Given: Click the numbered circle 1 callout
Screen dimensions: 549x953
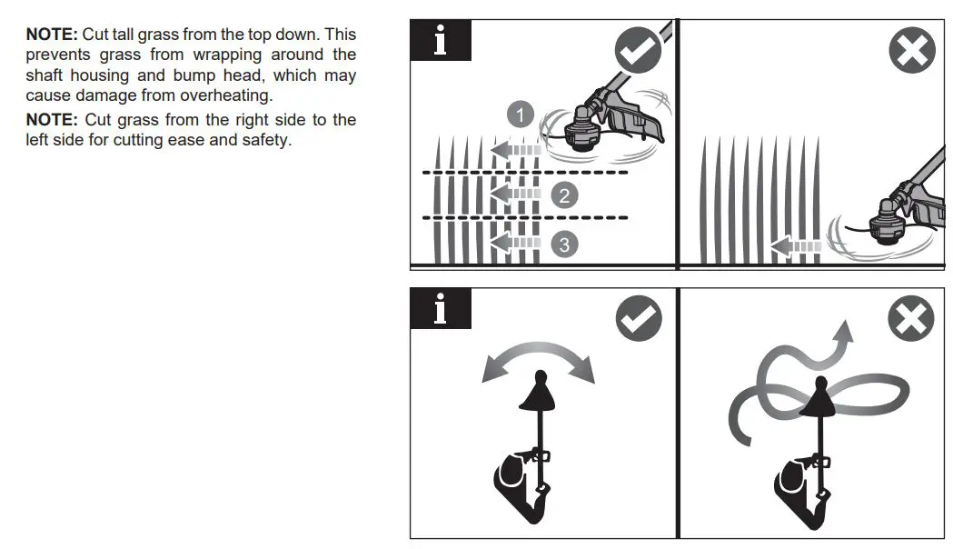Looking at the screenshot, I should pyautogui.click(x=520, y=115).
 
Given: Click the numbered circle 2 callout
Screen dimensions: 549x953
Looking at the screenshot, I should pyautogui.click(x=564, y=195).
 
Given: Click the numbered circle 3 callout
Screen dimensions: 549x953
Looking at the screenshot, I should pyautogui.click(x=564, y=244).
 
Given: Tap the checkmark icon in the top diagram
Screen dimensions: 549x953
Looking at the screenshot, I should pyautogui.click(x=638, y=50).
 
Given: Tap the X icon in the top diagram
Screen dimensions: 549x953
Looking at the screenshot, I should pyautogui.click(x=911, y=50).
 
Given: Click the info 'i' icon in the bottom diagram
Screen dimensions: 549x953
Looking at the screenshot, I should pyautogui.click(x=441, y=309).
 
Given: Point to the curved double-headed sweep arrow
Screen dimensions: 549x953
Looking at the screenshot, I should pyautogui.click(x=538, y=357).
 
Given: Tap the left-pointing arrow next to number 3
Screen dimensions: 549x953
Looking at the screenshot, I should pyautogui.click(x=514, y=243).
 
